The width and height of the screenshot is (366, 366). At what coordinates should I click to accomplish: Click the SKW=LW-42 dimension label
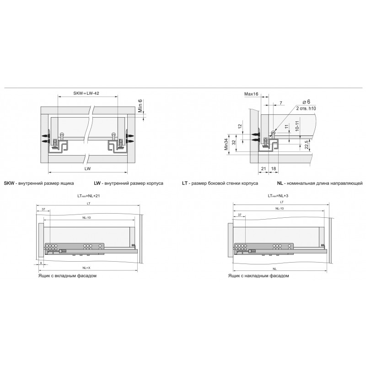tap(86, 93)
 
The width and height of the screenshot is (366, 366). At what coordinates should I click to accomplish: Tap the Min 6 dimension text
tap(140, 106)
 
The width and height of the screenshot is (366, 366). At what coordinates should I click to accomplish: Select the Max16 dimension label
tap(251, 94)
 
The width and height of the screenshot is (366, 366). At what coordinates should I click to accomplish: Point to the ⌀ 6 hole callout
tap(306, 102)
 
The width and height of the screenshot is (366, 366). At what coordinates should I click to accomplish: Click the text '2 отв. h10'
tap(306, 108)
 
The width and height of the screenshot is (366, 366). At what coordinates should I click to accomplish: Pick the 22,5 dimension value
tap(307, 145)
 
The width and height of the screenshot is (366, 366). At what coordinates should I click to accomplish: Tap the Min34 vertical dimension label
tap(226, 144)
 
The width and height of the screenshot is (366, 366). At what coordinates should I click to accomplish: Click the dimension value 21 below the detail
tap(264, 168)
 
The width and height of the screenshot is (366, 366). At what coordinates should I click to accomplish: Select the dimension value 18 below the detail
tap(274, 168)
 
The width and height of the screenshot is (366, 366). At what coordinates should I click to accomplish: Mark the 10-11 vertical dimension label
tap(297, 126)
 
